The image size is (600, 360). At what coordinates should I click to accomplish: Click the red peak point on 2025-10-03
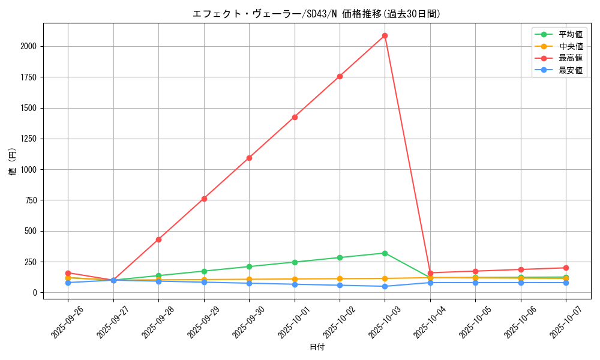pyautogui.click(x=385, y=35)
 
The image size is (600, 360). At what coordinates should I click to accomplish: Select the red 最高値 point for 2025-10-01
pyautogui.click(x=295, y=117)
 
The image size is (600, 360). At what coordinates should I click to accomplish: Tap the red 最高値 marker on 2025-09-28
pyautogui.click(x=158, y=239)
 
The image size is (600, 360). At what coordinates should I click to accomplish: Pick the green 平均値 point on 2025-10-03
pyautogui.click(x=385, y=253)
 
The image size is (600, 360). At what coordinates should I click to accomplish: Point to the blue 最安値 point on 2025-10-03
pyautogui.click(x=385, y=286)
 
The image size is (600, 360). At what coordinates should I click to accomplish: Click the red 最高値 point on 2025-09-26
pyautogui.click(x=68, y=273)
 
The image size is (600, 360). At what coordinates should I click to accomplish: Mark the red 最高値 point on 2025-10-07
pyautogui.click(x=566, y=268)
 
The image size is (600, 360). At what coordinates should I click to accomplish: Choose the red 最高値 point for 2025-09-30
pyautogui.click(x=249, y=158)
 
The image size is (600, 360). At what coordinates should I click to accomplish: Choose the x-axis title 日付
pyautogui.click(x=317, y=347)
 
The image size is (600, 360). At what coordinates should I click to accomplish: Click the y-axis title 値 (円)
pyautogui.click(x=13, y=161)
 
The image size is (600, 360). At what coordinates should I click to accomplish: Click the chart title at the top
pyautogui.click(x=316, y=14)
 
